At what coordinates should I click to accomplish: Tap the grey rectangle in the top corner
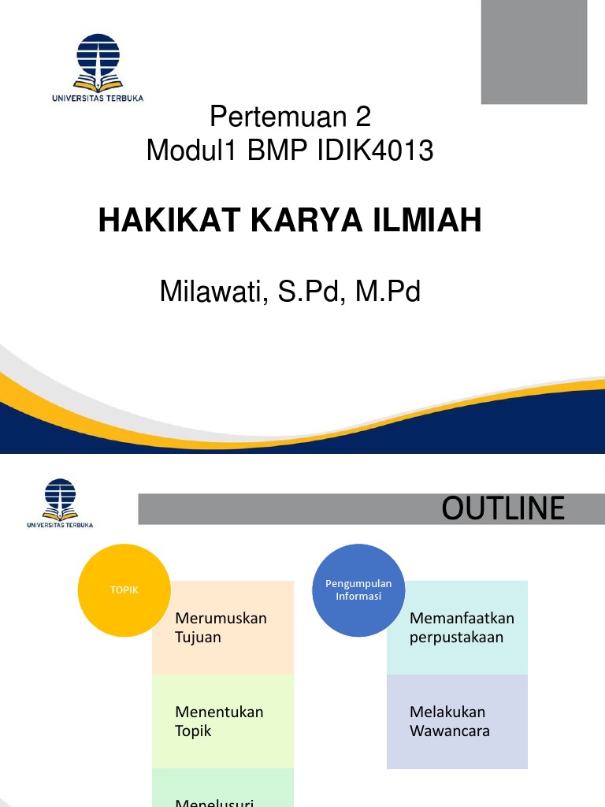[x=534, y=52]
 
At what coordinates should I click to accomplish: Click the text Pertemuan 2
[x=290, y=117]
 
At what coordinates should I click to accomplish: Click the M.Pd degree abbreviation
[x=388, y=292]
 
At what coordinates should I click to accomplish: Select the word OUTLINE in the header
[x=503, y=509]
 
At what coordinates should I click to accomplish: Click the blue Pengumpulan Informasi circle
[x=358, y=589]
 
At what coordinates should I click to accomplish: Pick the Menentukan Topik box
[x=222, y=721]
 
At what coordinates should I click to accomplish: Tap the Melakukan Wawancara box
[x=457, y=721]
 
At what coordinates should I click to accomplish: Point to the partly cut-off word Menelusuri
[x=214, y=801]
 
